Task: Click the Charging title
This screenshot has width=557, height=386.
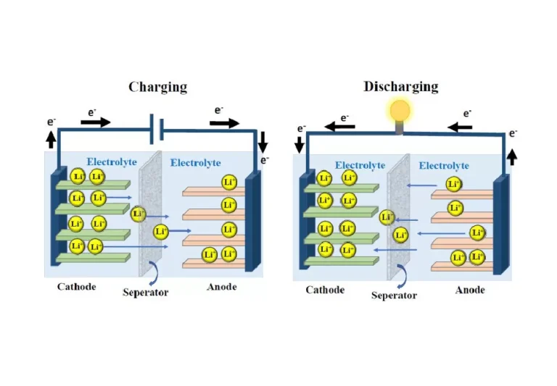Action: click(x=157, y=87)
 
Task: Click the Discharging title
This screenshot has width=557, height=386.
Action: click(x=400, y=86)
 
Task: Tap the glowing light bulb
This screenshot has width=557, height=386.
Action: click(x=400, y=112)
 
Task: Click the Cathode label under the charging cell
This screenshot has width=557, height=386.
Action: click(x=77, y=287)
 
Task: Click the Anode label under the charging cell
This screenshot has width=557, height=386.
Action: click(x=221, y=287)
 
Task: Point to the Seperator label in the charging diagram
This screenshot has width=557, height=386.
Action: click(x=144, y=293)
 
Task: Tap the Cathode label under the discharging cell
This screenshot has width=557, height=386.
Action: click(x=325, y=290)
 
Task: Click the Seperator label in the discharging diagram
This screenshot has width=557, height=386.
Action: click(x=394, y=295)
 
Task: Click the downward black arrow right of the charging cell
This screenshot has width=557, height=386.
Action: click(x=263, y=139)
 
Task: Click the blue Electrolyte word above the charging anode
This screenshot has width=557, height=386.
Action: click(x=195, y=163)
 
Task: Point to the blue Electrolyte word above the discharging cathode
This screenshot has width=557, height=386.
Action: click(x=360, y=165)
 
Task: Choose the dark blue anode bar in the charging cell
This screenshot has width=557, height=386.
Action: click(x=252, y=222)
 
